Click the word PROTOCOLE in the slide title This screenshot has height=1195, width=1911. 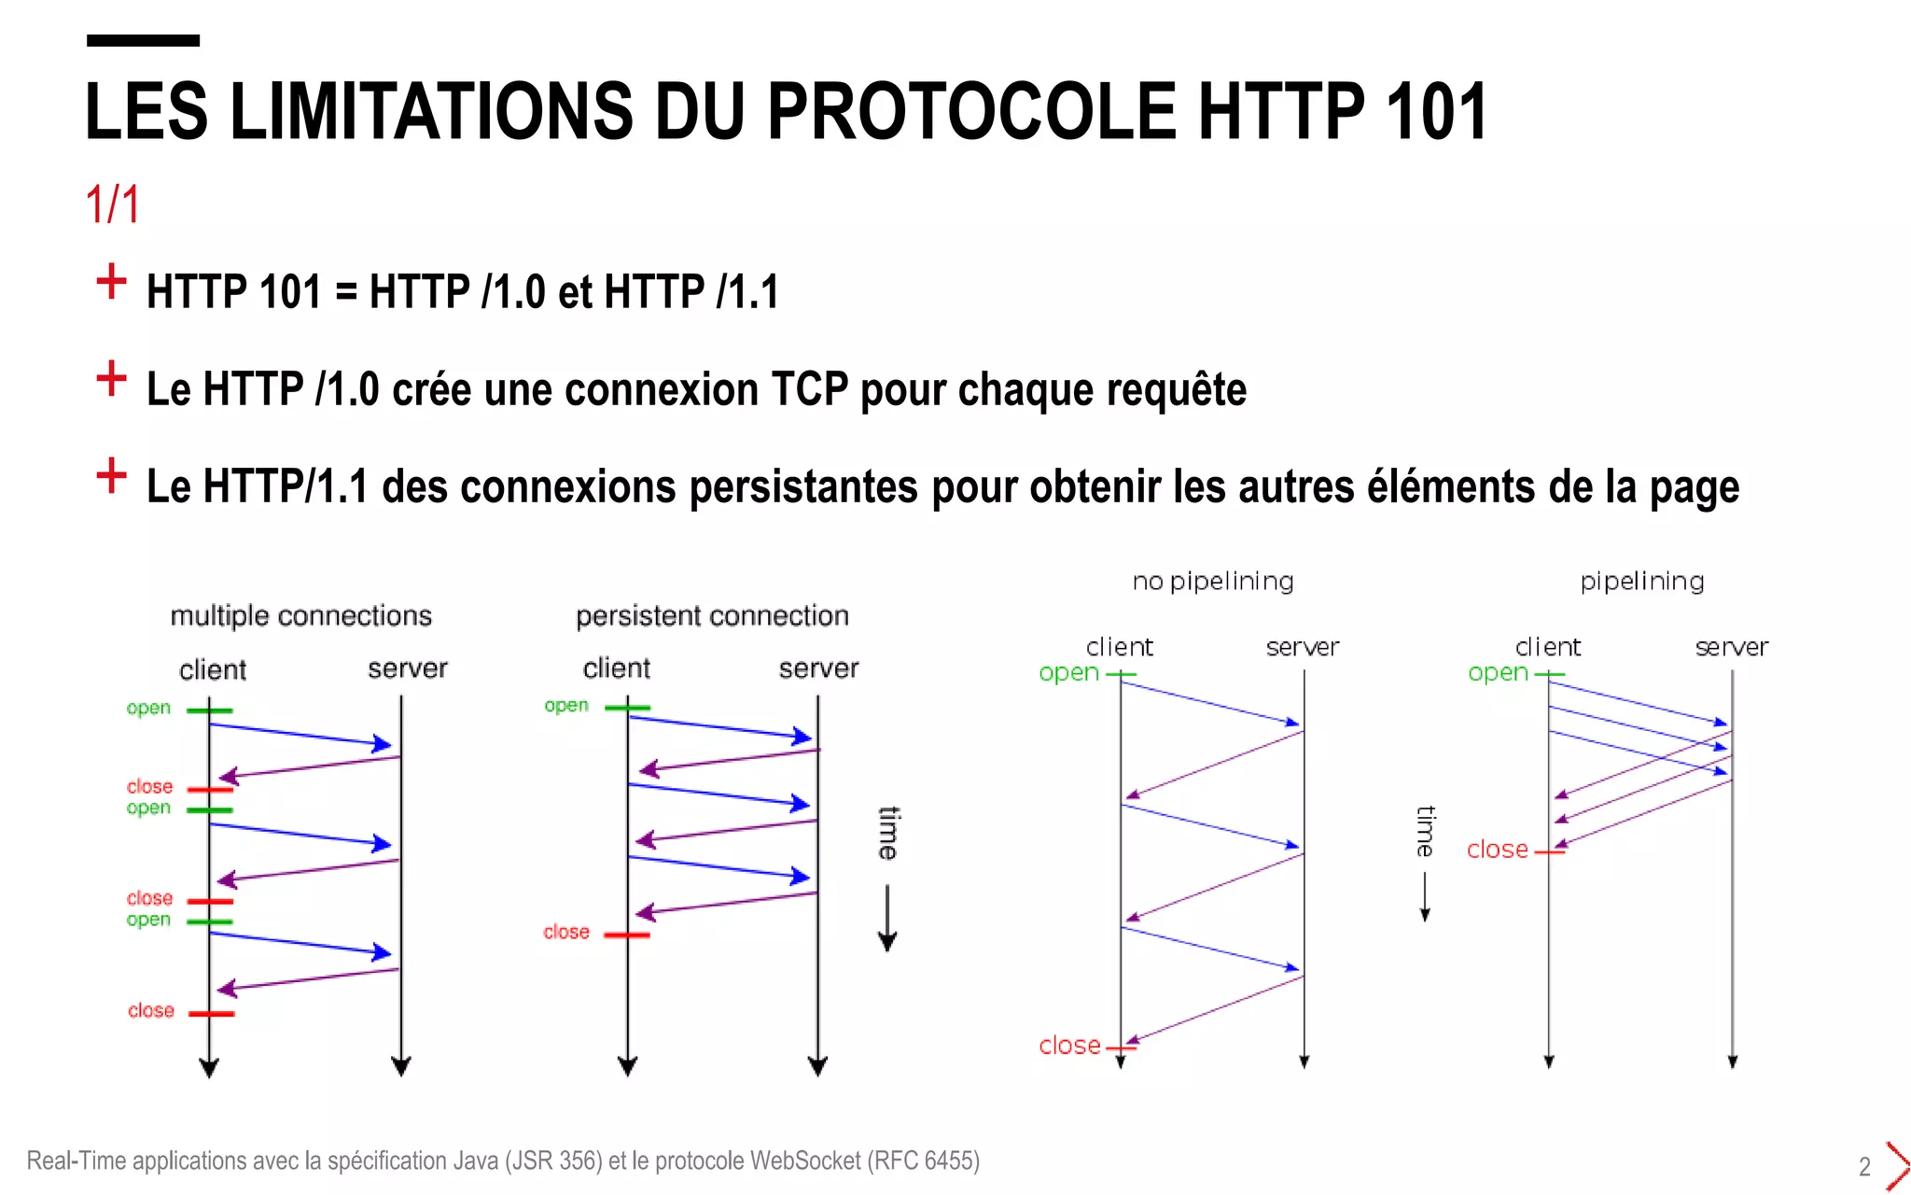click(971, 111)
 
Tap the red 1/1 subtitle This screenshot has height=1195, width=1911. click(112, 204)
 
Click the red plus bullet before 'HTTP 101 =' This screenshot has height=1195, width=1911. click(111, 281)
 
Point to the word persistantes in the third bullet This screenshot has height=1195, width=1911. click(803, 486)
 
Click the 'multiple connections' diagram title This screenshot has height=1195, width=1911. click(300, 616)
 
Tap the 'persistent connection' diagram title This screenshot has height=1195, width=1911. click(712, 616)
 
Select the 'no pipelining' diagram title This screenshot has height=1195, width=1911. click(1212, 582)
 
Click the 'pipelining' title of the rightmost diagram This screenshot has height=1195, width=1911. click(1641, 582)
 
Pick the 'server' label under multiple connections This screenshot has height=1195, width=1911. click(407, 668)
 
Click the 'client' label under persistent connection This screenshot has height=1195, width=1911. click(616, 668)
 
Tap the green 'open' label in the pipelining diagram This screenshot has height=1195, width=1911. click(1497, 672)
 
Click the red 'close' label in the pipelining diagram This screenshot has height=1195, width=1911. click(1497, 850)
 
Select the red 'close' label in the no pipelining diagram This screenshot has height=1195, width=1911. click(1069, 1046)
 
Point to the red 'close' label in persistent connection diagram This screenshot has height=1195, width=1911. click(566, 932)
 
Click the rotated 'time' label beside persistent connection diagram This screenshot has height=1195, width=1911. click(888, 833)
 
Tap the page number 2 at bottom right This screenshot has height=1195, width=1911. click(1864, 1167)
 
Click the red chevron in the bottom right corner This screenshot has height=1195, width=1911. click(1896, 1165)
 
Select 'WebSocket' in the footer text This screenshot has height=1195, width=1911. click(804, 1160)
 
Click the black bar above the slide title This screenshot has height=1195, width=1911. click(143, 40)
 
